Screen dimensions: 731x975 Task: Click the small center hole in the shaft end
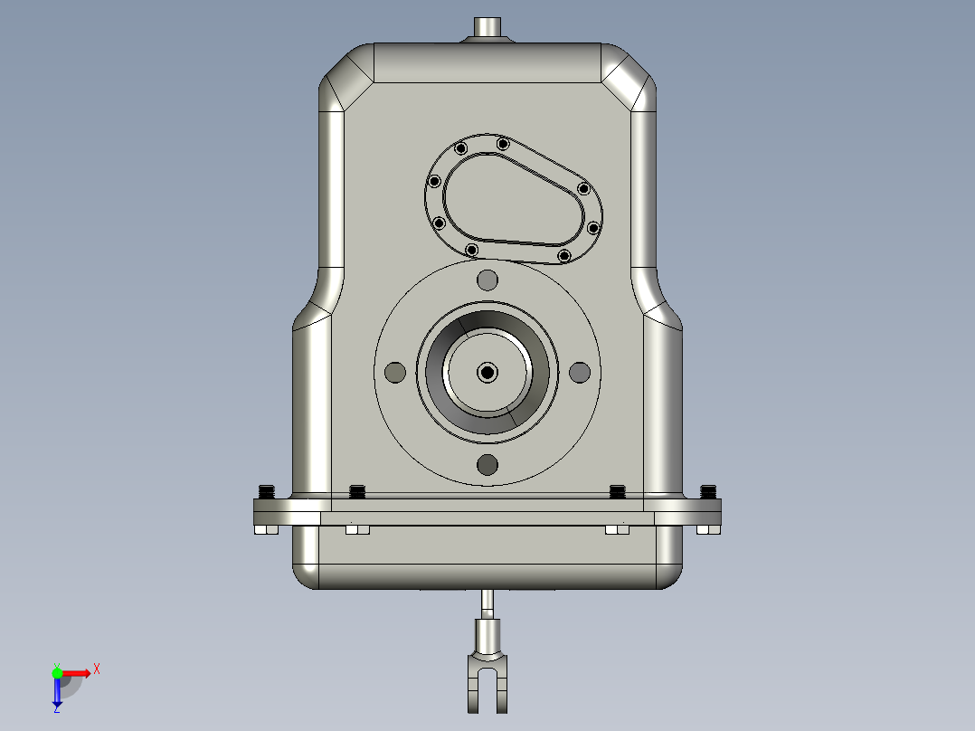pos(488,372)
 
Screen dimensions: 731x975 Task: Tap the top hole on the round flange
pos(488,279)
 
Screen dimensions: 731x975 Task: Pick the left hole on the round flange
pos(394,372)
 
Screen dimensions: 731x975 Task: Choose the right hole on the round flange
pos(580,372)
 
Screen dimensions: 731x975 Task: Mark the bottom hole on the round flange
pos(488,465)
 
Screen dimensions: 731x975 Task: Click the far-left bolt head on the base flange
pos(267,492)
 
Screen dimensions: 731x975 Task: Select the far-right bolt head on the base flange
pos(708,492)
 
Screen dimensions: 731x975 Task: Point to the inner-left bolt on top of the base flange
pos(356,492)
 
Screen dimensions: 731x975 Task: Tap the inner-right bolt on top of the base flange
pos(618,492)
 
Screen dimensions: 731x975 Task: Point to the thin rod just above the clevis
pos(488,601)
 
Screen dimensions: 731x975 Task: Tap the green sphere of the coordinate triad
pos(57,672)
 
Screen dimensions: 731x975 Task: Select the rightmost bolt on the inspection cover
pos(594,227)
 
